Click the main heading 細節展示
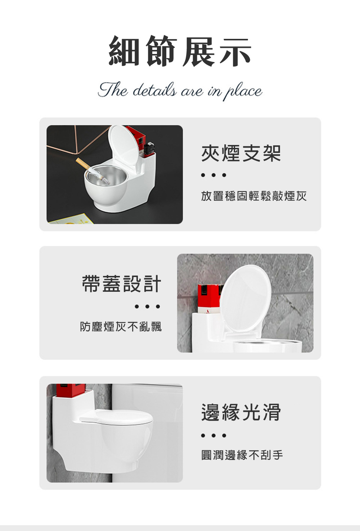(180, 51)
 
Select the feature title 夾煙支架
(241, 153)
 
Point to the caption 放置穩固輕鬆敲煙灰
(254, 196)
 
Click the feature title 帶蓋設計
(122, 284)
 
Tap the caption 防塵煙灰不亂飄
(121, 326)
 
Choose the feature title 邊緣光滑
(241, 413)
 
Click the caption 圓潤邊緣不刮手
(242, 455)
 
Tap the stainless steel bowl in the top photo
(105, 176)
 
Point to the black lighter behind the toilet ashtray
(149, 147)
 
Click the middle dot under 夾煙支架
(214, 176)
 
